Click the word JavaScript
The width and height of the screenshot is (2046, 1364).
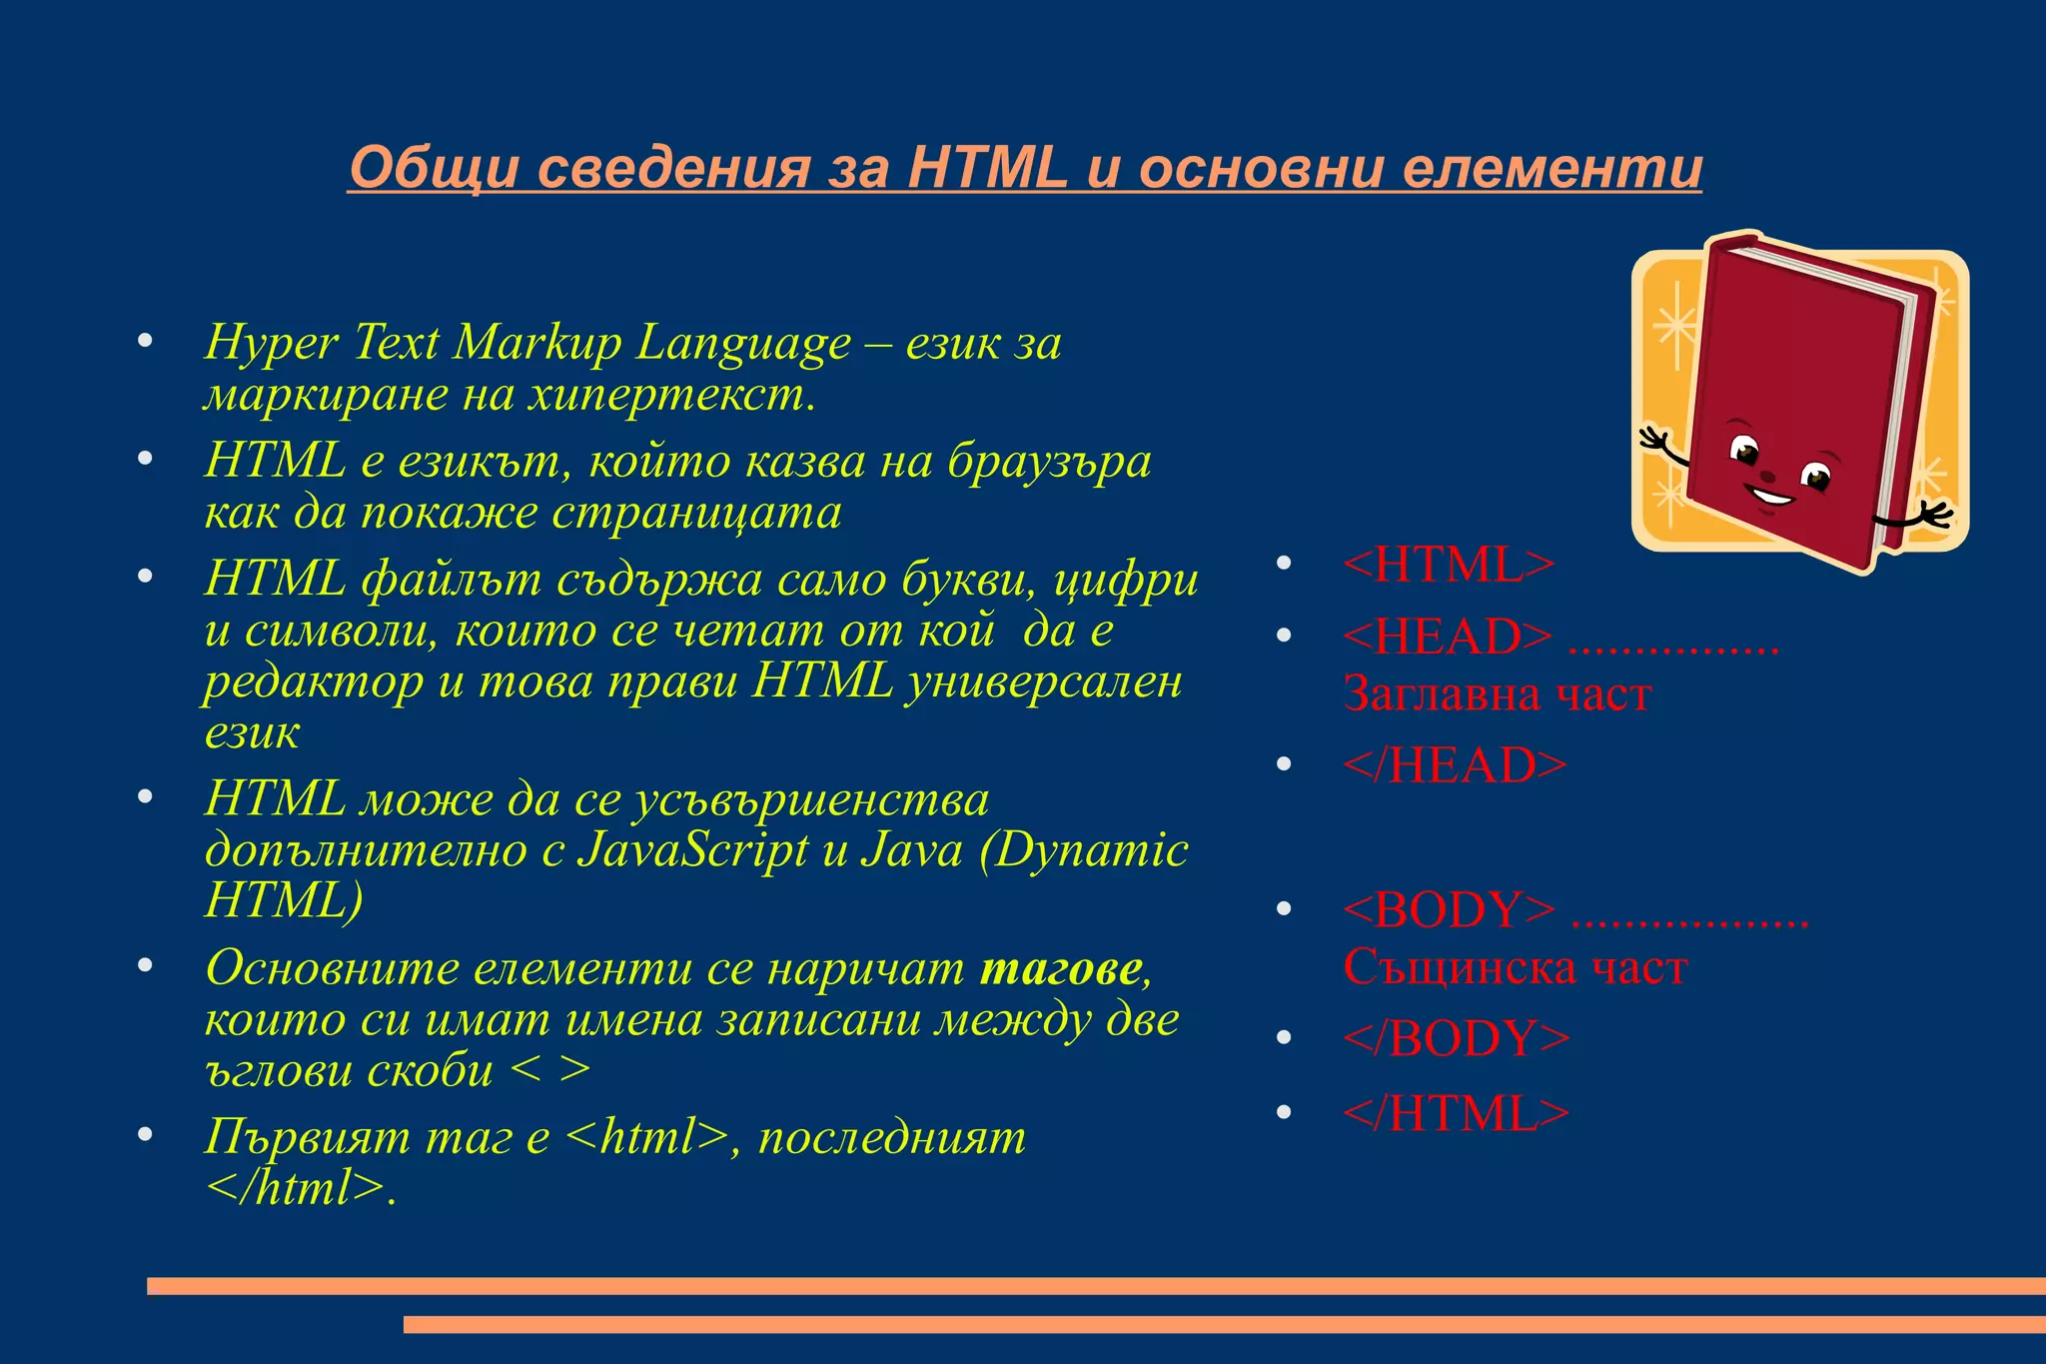(692, 849)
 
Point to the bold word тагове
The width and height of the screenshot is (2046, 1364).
(1061, 967)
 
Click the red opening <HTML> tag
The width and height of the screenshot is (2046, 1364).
(1449, 565)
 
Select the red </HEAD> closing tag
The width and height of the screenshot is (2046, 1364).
(1455, 765)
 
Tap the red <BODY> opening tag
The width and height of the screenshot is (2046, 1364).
(1449, 909)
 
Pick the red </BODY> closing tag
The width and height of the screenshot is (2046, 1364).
(1457, 1038)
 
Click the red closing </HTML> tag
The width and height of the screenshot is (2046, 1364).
(1457, 1113)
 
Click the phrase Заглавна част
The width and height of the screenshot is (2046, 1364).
(1497, 694)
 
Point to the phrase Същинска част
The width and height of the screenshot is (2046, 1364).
(1515, 967)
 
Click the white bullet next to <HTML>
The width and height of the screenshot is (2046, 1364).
(1285, 564)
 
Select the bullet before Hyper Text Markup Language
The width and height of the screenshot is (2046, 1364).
(145, 341)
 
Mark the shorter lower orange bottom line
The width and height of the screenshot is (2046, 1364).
(1224, 1324)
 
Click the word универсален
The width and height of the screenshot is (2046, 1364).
(1043, 682)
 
